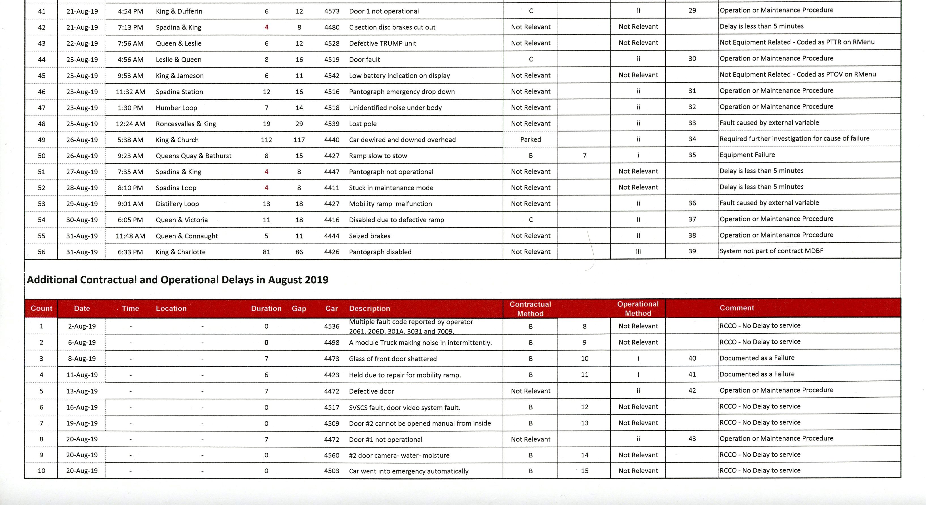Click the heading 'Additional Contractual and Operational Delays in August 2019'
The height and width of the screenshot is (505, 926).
click(178, 280)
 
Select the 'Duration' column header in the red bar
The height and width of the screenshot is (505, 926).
click(266, 308)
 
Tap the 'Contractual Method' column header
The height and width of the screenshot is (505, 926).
click(530, 309)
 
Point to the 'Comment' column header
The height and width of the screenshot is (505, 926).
click(736, 308)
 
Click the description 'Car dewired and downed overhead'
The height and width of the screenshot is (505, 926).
click(402, 140)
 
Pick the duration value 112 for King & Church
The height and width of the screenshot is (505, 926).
click(266, 140)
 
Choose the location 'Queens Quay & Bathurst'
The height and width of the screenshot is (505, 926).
click(193, 156)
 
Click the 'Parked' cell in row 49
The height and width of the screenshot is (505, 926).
click(530, 139)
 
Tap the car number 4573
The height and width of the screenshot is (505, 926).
click(331, 11)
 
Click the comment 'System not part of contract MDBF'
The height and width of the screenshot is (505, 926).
click(771, 251)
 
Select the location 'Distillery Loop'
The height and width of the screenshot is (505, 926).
click(177, 204)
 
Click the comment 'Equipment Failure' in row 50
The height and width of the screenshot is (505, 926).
click(747, 155)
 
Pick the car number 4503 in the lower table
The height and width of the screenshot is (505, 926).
click(331, 471)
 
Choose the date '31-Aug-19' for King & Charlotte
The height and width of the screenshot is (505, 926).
click(82, 252)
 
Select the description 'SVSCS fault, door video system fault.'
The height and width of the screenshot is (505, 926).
click(405, 407)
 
